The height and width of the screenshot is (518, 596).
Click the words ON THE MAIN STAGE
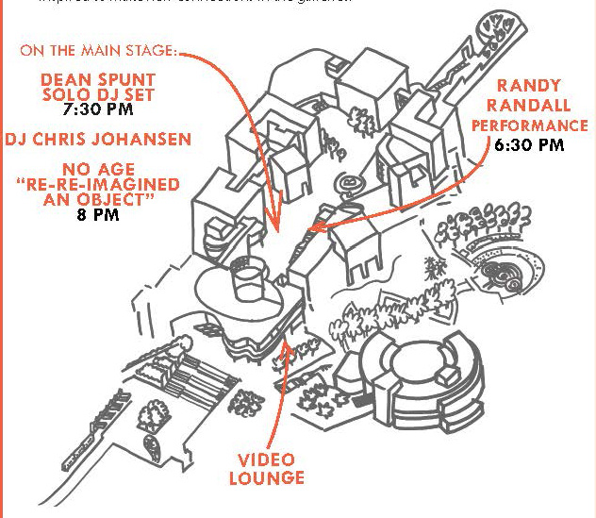(x=98, y=50)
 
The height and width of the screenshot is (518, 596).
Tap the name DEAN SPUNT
(x=96, y=77)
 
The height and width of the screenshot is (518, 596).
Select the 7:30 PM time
(x=97, y=109)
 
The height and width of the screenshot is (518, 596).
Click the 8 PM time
(x=98, y=213)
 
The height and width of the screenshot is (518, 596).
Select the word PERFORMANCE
(x=529, y=125)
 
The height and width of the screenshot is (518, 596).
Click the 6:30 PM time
(x=529, y=145)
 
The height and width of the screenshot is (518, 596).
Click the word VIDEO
(x=267, y=460)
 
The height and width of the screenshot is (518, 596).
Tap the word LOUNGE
(x=267, y=478)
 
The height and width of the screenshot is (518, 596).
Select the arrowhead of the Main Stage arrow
(x=276, y=229)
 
